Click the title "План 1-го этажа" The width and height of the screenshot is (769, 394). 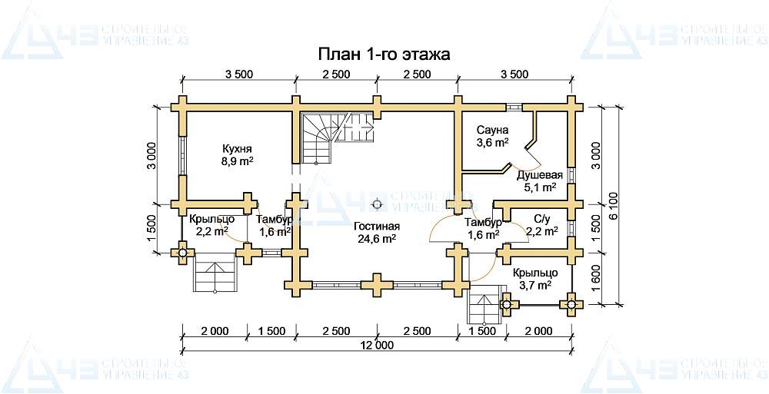tap(384, 55)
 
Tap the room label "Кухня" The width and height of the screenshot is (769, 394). tap(238, 148)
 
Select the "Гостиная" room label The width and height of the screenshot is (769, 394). tap(376, 227)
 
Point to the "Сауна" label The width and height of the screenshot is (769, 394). tap(491, 130)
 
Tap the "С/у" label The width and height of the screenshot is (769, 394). tap(541, 219)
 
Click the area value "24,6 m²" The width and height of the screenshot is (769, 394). tap(376, 239)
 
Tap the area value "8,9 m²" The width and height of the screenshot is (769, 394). tap(238, 161)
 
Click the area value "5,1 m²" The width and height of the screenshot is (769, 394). tap(540, 187)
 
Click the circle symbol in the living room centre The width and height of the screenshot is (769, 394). tap(377, 204)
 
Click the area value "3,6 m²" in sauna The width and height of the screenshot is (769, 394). tap(491, 142)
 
